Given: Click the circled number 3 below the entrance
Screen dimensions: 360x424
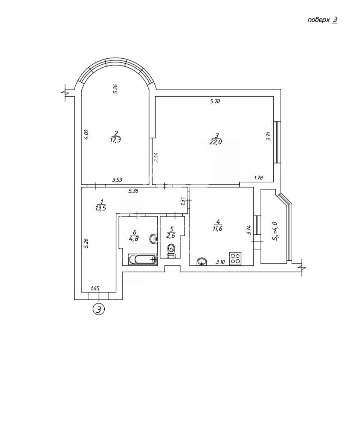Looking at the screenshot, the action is (99, 309).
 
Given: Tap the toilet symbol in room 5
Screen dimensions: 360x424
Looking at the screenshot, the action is (171, 251).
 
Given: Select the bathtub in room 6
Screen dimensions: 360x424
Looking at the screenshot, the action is (142, 259).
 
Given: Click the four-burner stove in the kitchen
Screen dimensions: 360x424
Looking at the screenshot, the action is (235, 258).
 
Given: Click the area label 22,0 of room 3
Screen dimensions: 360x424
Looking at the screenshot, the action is (215, 142).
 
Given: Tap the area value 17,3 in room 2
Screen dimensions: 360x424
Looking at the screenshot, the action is (116, 140).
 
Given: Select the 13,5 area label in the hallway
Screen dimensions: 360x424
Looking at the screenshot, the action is (101, 208).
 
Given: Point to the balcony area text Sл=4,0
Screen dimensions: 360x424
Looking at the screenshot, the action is (275, 231).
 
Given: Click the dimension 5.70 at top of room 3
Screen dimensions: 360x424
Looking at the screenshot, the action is (215, 102).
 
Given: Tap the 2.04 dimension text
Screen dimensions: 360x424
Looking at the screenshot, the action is (156, 157).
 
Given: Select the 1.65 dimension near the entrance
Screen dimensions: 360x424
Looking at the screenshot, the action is (95, 289).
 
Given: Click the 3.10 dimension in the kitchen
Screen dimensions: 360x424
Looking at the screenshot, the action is (220, 262).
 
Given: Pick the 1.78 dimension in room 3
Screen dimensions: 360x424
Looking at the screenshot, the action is (258, 178).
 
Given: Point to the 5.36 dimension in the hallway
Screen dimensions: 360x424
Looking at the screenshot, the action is (133, 191).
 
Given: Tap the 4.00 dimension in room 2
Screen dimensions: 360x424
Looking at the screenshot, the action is (86, 134).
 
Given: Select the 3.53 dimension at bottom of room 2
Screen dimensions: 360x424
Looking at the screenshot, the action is (117, 179).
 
